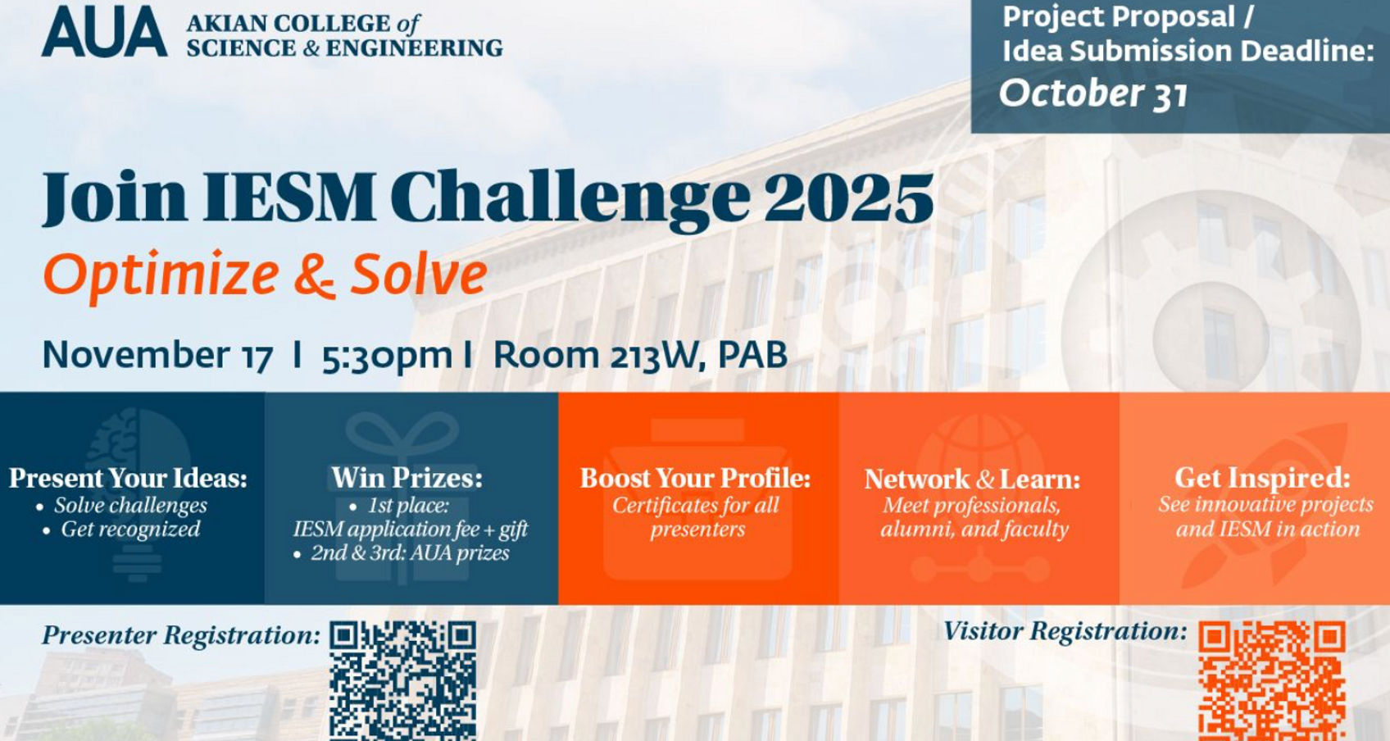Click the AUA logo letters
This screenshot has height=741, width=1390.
pyautogui.click(x=104, y=33)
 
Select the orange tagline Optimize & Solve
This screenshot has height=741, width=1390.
pyautogui.click(x=265, y=275)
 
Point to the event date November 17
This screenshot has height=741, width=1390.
pyautogui.click(x=157, y=355)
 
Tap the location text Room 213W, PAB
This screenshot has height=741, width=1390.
pyautogui.click(x=640, y=355)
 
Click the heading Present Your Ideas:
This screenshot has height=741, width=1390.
pyautogui.click(x=128, y=478)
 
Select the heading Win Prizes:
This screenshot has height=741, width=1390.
pyautogui.click(x=407, y=478)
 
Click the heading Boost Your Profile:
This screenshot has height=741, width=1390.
pyautogui.click(x=695, y=478)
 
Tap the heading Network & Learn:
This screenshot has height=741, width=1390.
pyautogui.click(x=972, y=480)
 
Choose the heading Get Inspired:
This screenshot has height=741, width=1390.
pyautogui.click(x=1262, y=477)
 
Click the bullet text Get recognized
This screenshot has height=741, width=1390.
pyautogui.click(x=130, y=530)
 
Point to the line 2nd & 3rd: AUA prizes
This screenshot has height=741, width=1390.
pyautogui.click(x=410, y=553)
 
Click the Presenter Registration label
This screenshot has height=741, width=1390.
pyautogui.click(x=181, y=635)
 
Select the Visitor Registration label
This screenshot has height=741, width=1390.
pyautogui.click(x=1065, y=631)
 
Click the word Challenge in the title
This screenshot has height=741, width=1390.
pyautogui.click(x=570, y=199)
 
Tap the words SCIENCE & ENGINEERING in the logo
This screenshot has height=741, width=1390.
pyautogui.click(x=344, y=48)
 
